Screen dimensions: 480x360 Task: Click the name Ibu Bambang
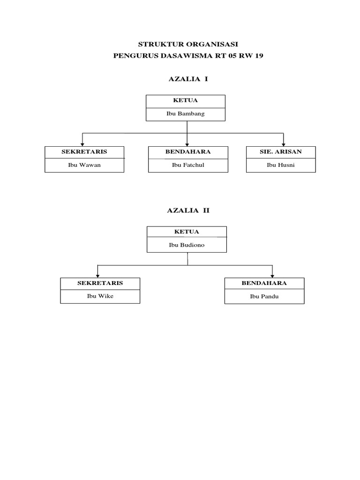(185, 114)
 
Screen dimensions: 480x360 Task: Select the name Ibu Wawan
(84, 165)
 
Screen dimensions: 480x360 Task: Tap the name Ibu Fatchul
(188, 165)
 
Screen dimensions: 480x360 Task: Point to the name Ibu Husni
(280, 165)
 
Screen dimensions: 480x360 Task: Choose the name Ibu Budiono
(186, 245)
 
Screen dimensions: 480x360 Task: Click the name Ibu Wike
(100, 296)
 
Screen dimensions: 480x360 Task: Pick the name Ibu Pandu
(264, 296)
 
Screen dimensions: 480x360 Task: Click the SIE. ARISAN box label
(280, 152)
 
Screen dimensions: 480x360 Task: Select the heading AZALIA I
(187, 79)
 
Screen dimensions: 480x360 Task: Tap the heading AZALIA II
(188, 210)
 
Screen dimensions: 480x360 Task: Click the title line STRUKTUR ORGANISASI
(188, 44)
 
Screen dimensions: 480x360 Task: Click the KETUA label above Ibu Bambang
(185, 100)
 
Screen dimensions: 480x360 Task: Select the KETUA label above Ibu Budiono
(187, 232)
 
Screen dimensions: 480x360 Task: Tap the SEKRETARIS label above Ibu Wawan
(84, 152)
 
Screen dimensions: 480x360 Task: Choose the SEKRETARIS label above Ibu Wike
(100, 283)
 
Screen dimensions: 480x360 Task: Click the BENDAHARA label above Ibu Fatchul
(188, 152)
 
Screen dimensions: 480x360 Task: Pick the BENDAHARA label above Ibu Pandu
(264, 283)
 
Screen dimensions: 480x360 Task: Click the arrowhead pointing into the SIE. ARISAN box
(283, 143)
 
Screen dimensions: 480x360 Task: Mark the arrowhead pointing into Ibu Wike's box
(97, 275)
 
